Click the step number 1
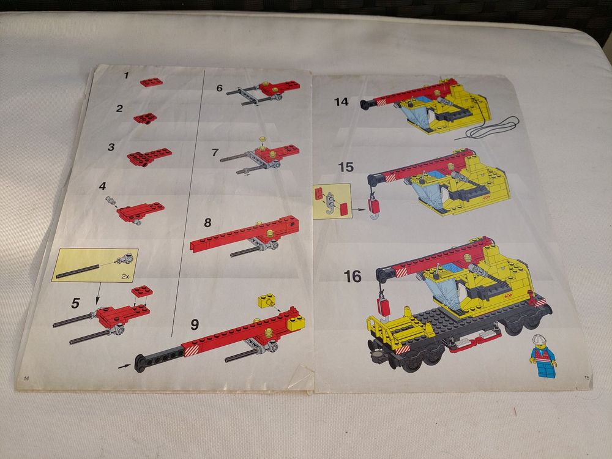pos(126,75)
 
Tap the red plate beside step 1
pos(151,82)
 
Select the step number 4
pos(102,186)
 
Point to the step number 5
pos(75,303)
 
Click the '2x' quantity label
pos(125,276)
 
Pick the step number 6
pos(219,88)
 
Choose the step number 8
pos(207,223)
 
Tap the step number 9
pos(195,324)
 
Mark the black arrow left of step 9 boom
pos(124,367)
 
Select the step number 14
pos(341,102)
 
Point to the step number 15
pos(346,168)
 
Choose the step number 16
pos(353,277)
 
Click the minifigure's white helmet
pos(539,339)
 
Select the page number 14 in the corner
pos(26,378)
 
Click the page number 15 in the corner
pos(587,378)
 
